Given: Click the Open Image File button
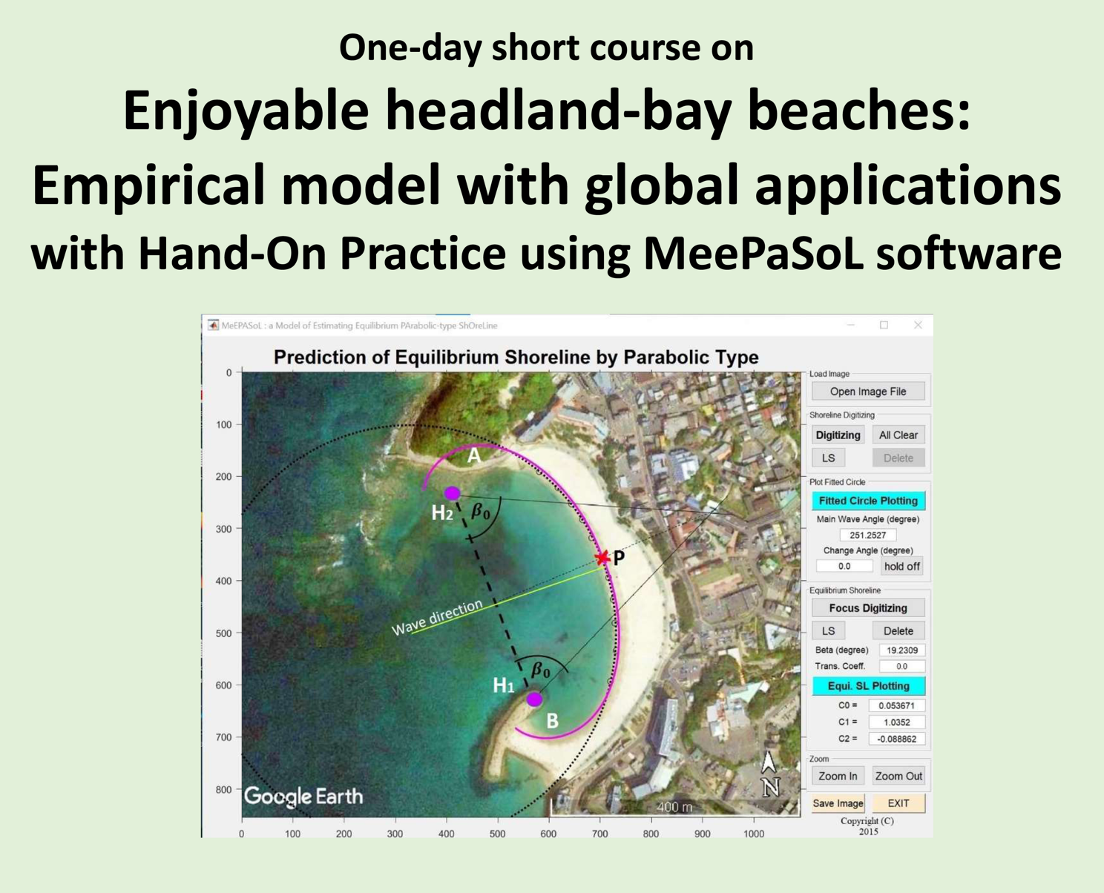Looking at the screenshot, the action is click(x=868, y=392).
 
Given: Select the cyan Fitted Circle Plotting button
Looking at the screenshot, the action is click(x=868, y=501).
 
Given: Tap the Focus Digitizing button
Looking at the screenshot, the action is click(x=868, y=608).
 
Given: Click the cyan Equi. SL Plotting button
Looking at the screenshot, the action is click(x=868, y=686).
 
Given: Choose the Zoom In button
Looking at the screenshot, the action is click(x=838, y=776).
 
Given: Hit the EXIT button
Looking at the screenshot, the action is click(x=898, y=803).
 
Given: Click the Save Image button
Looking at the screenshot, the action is click(x=838, y=803).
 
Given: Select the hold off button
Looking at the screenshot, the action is click(x=902, y=566).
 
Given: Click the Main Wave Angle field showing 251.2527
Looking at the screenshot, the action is click(x=868, y=535).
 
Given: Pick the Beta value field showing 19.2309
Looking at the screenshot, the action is click(x=902, y=650).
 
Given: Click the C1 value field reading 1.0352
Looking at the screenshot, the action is click(x=897, y=722).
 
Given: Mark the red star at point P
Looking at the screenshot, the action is click(x=602, y=557).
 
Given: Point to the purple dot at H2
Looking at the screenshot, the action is click(x=453, y=492).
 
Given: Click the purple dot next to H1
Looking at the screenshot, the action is click(x=534, y=699).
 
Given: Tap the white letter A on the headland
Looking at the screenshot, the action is click(x=474, y=456).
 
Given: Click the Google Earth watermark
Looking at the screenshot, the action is click(x=303, y=796).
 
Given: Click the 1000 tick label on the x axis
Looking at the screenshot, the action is click(x=754, y=834).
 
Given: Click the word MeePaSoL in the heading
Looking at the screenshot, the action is click(x=754, y=254).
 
